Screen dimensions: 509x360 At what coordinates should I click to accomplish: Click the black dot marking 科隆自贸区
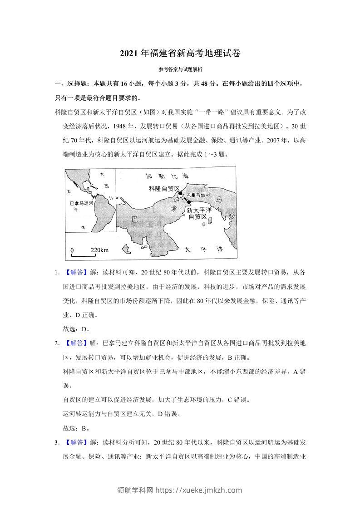coord(180,194)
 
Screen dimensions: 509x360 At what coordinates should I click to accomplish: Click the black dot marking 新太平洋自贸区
coord(189,203)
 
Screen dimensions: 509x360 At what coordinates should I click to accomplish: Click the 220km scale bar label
coord(99,250)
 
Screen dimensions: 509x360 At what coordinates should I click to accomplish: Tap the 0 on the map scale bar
coord(72,250)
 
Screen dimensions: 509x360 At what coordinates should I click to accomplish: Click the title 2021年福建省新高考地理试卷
coord(180,53)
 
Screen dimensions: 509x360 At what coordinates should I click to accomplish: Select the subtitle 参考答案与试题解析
coord(180,70)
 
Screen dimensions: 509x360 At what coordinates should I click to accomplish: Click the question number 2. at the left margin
coord(57,343)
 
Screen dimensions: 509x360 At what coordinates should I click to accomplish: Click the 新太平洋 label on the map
coord(199,210)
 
